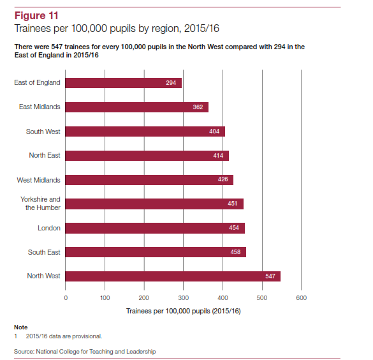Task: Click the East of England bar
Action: pyautogui.click(x=124, y=83)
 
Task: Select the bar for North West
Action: pyautogui.click(x=173, y=276)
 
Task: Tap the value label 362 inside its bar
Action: pyautogui.click(x=198, y=107)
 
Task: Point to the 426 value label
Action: pyautogui.click(x=223, y=179)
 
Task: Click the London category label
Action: pyautogui.click(x=49, y=228)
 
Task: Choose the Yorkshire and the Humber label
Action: pyautogui.click(x=40, y=204)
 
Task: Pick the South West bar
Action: pyautogui.click(x=145, y=131)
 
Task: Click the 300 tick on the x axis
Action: pyautogui.click(x=184, y=298)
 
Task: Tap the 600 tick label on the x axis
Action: pyautogui.click(x=302, y=298)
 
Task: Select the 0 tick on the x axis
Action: pyautogui.click(x=66, y=298)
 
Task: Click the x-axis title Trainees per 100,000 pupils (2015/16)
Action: pyautogui.click(x=184, y=311)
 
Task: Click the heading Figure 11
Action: pyautogui.click(x=36, y=16)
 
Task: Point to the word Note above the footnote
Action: pyautogui.click(x=21, y=327)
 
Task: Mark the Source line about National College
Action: pyautogui.click(x=85, y=352)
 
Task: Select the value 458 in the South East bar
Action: pyautogui.click(x=235, y=252)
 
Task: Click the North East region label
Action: pyautogui.click(x=45, y=155)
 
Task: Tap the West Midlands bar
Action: pyautogui.click(x=149, y=180)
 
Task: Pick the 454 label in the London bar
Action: pyautogui.click(x=234, y=228)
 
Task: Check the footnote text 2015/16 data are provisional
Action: pyautogui.click(x=64, y=336)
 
